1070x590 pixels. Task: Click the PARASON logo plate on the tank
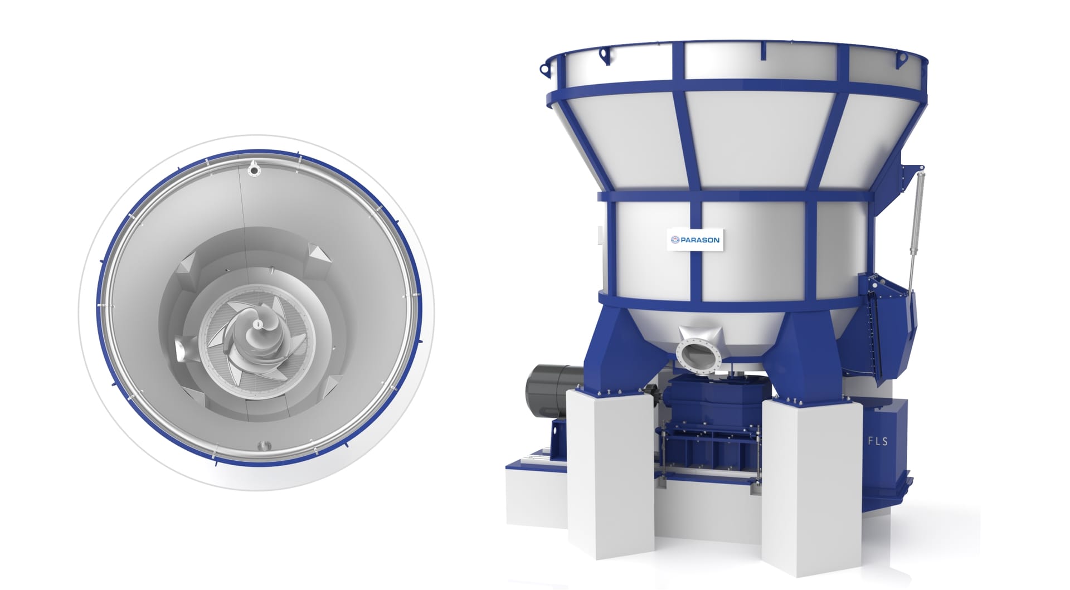click(695, 240)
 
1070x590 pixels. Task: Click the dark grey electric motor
click(552, 391)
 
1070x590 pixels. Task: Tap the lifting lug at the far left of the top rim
click(544, 70)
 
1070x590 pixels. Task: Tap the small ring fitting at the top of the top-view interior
click(255, 169)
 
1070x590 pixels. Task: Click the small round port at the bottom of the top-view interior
click(262, 446)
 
